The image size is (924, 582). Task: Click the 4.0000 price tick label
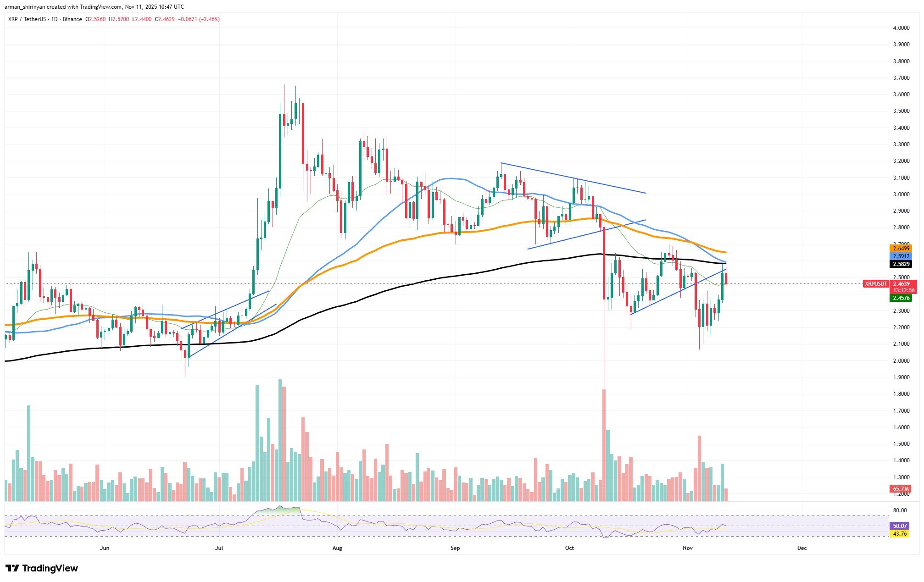point(901,28)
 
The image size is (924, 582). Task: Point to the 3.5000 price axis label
point(901,111)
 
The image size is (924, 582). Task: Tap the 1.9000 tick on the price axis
point(901,377)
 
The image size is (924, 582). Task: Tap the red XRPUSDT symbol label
point(876,284)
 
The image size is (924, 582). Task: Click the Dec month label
point(802,548)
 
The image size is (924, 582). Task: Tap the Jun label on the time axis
point(105,548)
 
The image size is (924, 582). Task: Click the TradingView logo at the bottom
point(42,569)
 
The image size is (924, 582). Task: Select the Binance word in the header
point(72,19)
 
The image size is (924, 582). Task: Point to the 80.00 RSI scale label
point(900,510)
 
